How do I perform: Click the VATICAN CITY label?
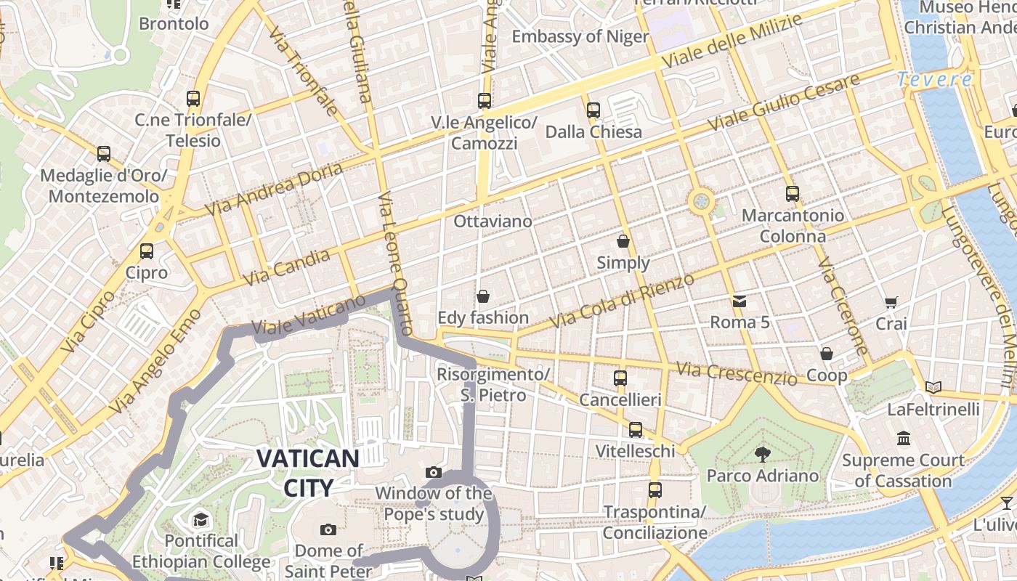[308, 473]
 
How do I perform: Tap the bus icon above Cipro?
[147, 251]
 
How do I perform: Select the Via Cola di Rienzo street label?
[622, 300]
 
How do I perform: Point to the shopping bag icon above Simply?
[623, 241]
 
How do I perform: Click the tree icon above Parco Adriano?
[762, 455]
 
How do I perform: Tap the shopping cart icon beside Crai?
[891, 302]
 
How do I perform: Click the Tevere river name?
[934, 80]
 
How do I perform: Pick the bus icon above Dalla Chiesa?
[593, 110]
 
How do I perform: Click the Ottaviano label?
[493, 221]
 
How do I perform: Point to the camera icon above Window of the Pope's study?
[434, 473]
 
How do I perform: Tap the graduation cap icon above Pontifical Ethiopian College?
[200, 520]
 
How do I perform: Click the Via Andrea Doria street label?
[274, 189]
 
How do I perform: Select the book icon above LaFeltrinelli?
[933, 388]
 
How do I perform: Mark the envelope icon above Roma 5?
[739, 301]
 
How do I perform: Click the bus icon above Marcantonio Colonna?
[793, 194]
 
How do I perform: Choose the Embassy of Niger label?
[580, 36]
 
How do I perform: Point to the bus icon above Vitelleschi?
[636, 430]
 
